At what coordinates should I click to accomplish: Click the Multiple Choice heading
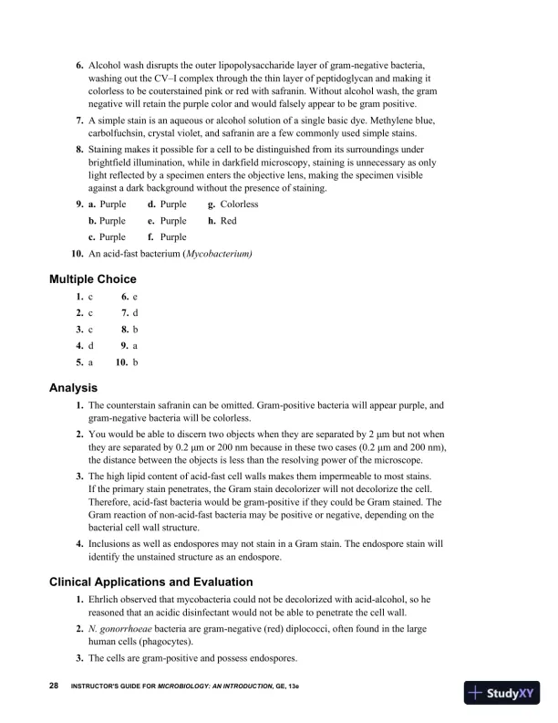point(92,278)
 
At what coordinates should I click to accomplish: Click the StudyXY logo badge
point(502,693)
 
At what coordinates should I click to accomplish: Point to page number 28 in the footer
point(54,684)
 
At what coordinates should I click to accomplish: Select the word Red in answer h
point(228,221)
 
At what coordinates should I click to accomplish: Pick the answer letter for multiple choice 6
point(135,298)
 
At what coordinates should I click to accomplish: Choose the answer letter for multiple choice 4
point(91,346)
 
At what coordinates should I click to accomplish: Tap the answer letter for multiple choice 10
point(135,362)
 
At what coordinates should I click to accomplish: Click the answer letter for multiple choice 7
point(135,313)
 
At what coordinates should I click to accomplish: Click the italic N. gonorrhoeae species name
point(123,630)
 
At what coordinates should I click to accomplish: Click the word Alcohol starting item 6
point(106,67)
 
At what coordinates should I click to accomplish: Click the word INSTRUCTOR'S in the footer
point(95,685)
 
